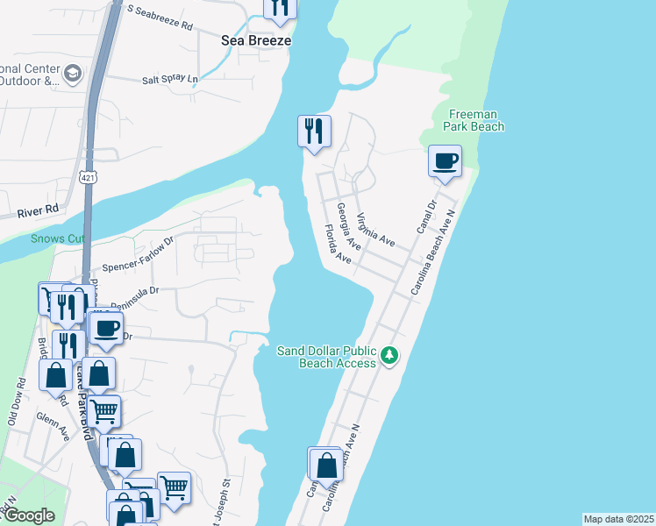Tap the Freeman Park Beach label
tap(476, 120)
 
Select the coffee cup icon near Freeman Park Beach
tap(446, 161)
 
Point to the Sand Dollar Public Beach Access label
tap(326, 357)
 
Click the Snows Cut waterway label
tap(57, 238)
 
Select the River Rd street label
tap(37, 210)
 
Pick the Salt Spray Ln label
tap(170, 79)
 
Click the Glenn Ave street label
tap(53, 428)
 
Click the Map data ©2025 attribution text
tap(618, 519)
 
